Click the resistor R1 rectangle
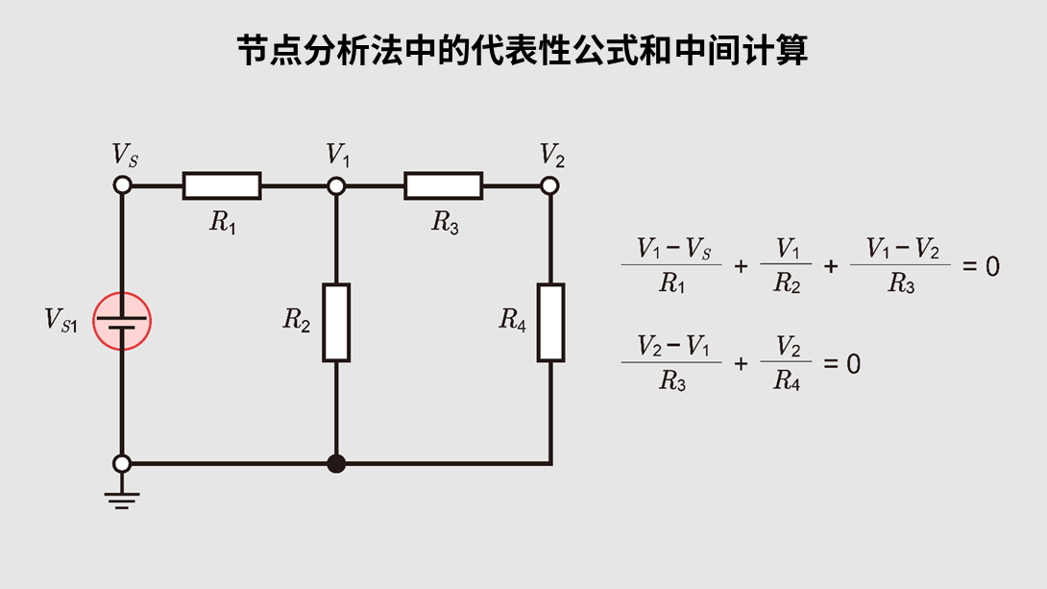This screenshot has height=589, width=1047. tap(222, 185)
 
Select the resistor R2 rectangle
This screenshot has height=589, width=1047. tap(336, 322)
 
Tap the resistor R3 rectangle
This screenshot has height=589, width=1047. tap(444, 185)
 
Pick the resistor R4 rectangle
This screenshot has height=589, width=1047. tap(550, 322)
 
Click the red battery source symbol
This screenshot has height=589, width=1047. tap(122, 321)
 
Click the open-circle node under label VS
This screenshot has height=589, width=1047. tap(122, 185)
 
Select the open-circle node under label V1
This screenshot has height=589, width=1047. tap(336, 185)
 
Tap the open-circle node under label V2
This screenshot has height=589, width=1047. tap(550, 185)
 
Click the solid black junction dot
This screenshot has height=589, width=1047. tap(336, 464)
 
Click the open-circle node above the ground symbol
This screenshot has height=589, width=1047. tap(122, 464)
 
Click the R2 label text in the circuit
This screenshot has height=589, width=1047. tap(297, 322)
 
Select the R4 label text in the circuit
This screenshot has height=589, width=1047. tap(513, 322)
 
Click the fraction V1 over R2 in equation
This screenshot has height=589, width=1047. tap(787, 266)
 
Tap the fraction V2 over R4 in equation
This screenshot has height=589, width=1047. tap(787, 364)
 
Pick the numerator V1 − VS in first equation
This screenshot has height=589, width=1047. tap(671, 251)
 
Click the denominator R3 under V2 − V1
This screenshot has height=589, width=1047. tap(671, 381)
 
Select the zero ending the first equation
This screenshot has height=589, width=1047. tap(993, 266)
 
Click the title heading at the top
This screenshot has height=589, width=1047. tap(523, 50)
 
